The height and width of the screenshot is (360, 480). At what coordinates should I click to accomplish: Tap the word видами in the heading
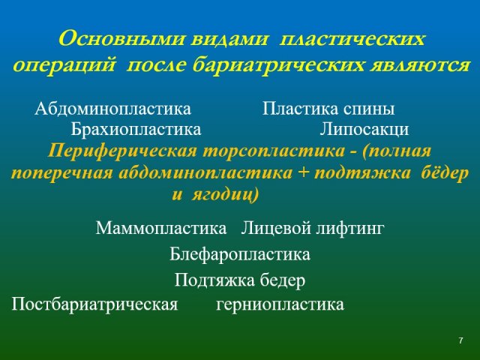[229, 39]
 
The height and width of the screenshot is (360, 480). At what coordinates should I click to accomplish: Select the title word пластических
[352, 40]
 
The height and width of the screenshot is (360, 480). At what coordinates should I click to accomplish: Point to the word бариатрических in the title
[278, 65]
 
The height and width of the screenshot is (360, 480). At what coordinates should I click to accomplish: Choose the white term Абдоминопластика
[113, 109]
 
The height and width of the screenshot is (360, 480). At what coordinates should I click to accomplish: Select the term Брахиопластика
[136, 129]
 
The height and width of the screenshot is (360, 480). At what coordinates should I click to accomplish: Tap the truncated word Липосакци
[364, 129]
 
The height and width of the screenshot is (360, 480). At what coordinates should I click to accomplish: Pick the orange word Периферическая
[122, 151]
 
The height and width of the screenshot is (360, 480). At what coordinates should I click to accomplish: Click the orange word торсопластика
[274, 151]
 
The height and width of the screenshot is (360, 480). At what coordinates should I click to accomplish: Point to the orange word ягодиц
[225, 195]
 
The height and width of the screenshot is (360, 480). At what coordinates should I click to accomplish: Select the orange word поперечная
[62, 174]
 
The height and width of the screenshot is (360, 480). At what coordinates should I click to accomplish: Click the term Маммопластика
[161, 228]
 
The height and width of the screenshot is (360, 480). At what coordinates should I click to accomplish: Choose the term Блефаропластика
[240, 254]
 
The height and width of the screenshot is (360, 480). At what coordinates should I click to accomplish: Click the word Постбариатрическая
[94, 304]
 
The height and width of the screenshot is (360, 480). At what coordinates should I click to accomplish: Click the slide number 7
[460, 340]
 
